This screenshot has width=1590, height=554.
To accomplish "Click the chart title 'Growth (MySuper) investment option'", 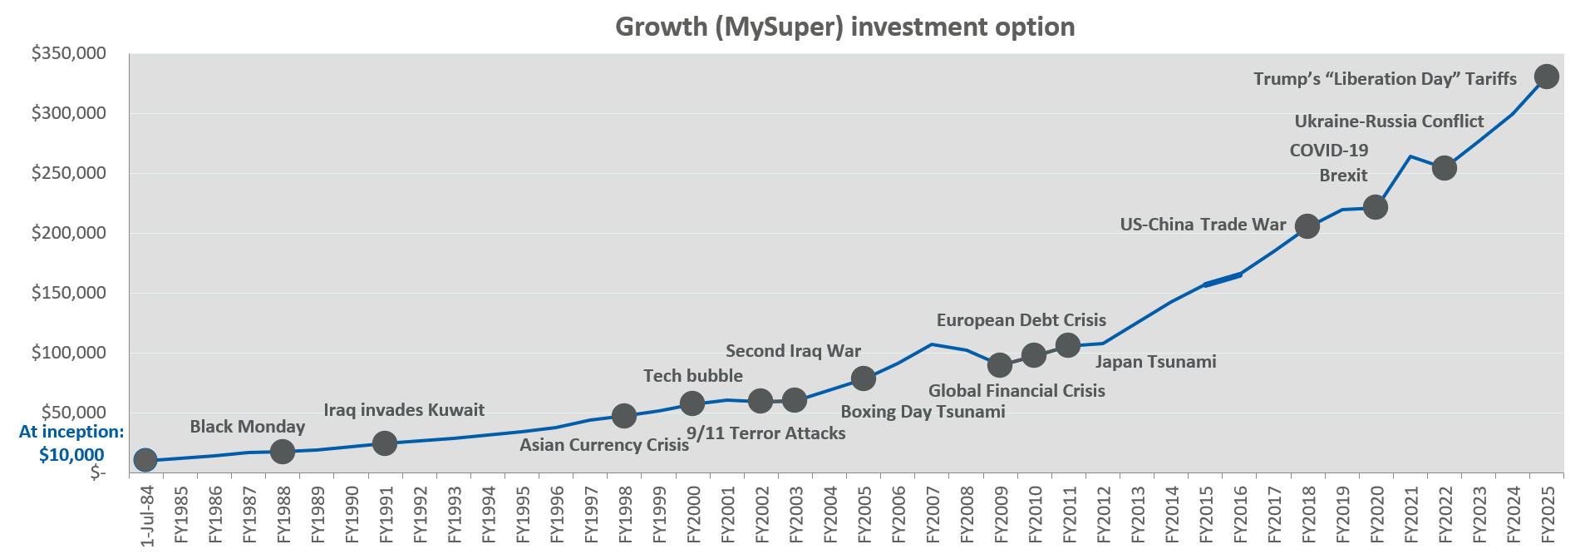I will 844,27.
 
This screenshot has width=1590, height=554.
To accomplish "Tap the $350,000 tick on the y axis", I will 69,54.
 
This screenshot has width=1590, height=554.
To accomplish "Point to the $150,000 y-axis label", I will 69,294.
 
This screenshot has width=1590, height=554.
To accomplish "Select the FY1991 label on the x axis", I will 386,513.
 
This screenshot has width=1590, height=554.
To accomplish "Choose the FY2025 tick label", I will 1548,513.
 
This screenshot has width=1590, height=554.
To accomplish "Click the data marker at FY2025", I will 1546,77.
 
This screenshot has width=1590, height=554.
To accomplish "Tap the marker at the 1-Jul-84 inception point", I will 145,459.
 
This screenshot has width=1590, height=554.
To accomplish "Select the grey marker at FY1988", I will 283,452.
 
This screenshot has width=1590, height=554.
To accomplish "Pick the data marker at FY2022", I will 1445,167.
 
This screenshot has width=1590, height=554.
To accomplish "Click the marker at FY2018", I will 1307,226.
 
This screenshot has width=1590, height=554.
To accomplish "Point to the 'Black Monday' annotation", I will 248,427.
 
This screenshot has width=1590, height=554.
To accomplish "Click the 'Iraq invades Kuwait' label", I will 404,410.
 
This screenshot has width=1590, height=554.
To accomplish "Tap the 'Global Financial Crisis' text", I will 1017,391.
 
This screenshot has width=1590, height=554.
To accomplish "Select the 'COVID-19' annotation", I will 1328,151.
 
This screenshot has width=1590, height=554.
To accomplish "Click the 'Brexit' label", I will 1343,176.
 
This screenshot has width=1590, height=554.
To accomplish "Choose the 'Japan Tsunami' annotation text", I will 1155,362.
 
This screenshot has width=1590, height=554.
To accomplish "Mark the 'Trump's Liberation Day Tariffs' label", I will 1385,79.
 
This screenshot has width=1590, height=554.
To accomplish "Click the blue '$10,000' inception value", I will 71,455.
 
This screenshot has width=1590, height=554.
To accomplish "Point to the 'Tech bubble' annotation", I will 693,376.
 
